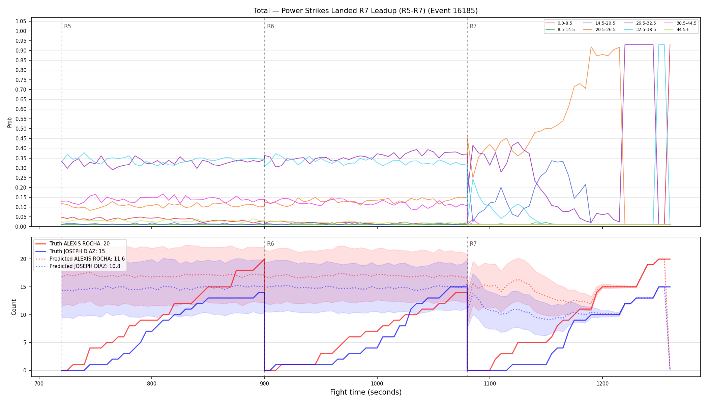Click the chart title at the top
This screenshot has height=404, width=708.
(x=365, y=11)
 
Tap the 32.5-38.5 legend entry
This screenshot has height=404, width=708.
(x=640, y=30)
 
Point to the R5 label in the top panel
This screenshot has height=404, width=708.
(x=67, y=26)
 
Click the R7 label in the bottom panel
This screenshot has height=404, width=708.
(x=473, y=244)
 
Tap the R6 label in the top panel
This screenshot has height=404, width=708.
(x=270, y=26)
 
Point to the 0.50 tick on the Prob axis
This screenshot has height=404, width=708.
(x=21, y=129)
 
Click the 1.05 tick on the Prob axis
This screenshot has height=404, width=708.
(x=21, y=22)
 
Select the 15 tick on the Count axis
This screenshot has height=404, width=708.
(x=23, y=287)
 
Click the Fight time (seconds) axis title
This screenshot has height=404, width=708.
(x=366, y=392)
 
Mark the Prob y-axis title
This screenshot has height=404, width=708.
(x=10, y=122)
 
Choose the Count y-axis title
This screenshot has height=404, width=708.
(x=14, y=307)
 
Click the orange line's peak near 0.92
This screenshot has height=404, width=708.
(x=591, y=47)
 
